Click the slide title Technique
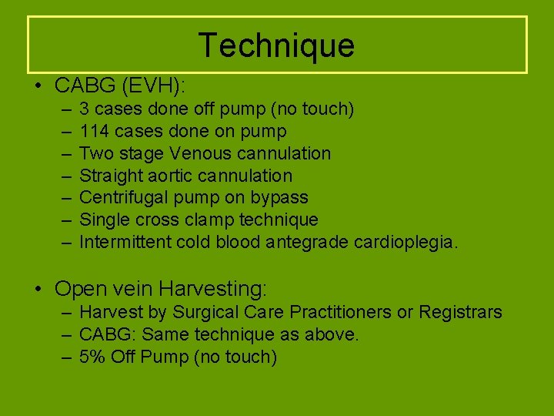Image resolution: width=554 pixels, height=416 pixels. pos(276,45)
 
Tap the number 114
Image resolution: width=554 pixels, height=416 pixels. pos(92,132)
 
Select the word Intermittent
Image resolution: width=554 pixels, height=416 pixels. pos(125,243)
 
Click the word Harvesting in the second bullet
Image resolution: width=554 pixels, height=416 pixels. pos(212,289)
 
